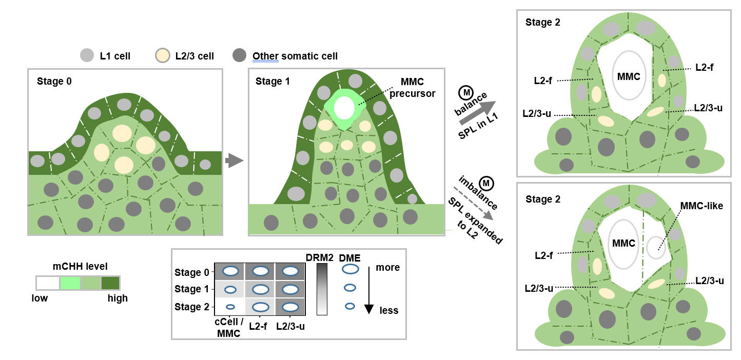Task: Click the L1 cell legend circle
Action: pyautogui.click(x=87, y=55)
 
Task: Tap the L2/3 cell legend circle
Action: pyautogui.click(x=163, y=55)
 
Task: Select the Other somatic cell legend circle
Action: pyautogui.click(x=239, y=55)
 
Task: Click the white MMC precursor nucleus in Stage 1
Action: pyautogui.click(x=344, y=108)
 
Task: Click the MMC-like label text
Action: pyautogui.click(x=701, y=206)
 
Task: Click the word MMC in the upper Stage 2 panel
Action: pyautogui.click(x=629, y=76)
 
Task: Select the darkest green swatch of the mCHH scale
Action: pyautogui.click(x=110, y=283)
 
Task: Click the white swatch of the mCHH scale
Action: pyautogui.click(x=48, y=283)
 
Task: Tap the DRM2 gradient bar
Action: pyautogui.click(x=322, y=289)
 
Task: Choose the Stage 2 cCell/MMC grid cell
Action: pyautogui.click(x=230, y=307)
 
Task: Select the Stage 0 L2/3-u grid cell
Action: pyautogui.click(x=290, y=271)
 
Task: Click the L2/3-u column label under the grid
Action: pyautogui.click(x=290, y=326)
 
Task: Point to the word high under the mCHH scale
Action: pyautogui.click(x=118, y=298)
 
